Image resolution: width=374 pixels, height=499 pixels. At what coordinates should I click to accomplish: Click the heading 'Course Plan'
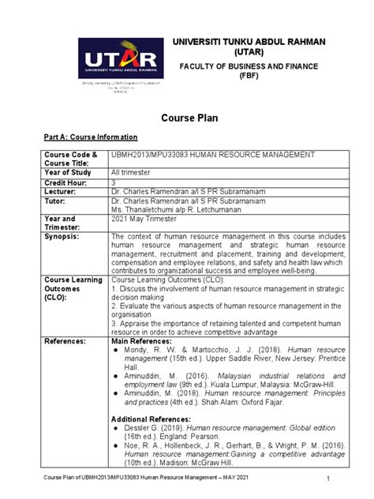tap(187, 118)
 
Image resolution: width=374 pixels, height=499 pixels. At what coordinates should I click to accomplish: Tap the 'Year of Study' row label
tap(68, 171)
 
